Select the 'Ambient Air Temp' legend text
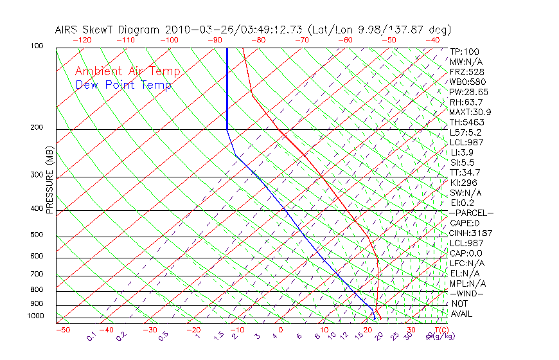point(128,71)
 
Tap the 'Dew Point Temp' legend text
point(123,85)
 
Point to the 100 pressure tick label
point(36,46)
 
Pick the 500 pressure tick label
point(36,235)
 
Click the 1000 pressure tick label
point(35,316)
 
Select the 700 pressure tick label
point(36,275)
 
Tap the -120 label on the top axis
point(82,40)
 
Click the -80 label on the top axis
point(258,40)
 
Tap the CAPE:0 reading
point(464,223)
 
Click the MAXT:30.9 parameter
point(470,112)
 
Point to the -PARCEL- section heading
point(471,213)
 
